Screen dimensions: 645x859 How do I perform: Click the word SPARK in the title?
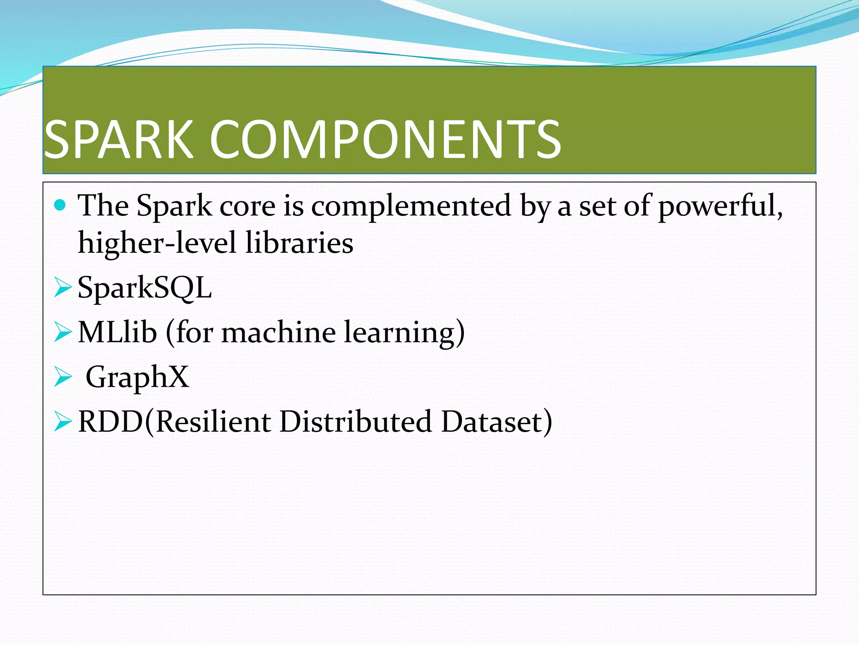click(x=119, y=139)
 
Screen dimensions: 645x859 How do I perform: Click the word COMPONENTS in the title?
click(x=385, y=139)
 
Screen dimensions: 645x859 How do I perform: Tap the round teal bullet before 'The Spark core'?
click(x=60, y=205)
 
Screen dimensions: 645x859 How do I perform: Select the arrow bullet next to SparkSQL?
click(x=63, y=288)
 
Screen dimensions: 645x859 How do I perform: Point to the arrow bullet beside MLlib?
click(x=63, y=333)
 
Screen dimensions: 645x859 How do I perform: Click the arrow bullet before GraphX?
click(x=63, y=377)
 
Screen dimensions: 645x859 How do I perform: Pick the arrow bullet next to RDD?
click(x=63, y=422)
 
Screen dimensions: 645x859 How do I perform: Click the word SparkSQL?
click(x=145, y=288)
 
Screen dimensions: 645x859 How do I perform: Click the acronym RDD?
click(x=111, y=422)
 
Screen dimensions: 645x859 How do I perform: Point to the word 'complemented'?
click(x=411, y=207)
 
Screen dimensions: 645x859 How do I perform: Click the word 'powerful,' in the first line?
click(x=720, y=207)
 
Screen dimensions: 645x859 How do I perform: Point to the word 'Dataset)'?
click(x=497, y=422)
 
